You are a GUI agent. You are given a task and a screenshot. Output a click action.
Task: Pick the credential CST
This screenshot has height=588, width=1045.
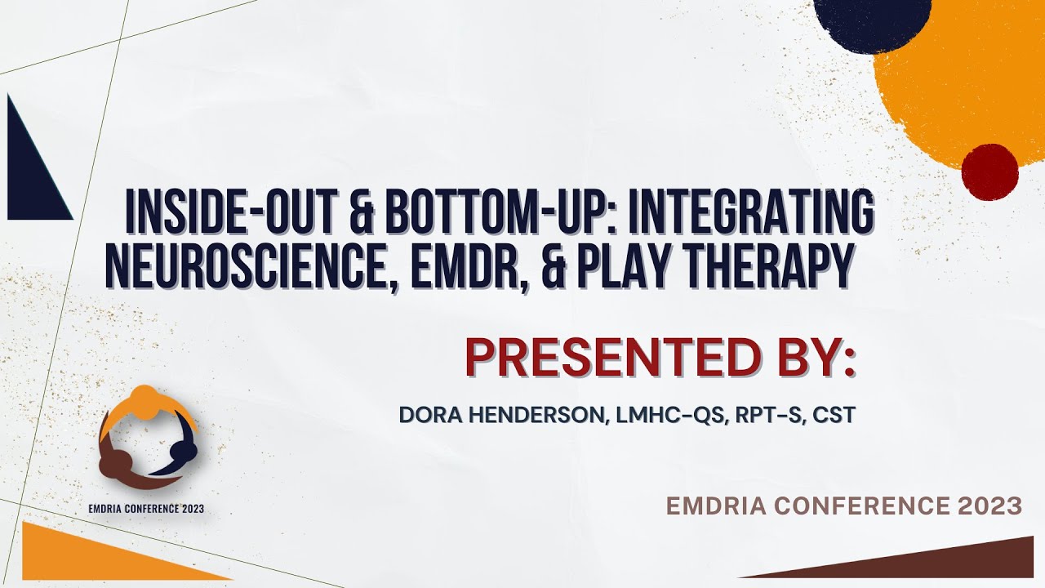point(834,415)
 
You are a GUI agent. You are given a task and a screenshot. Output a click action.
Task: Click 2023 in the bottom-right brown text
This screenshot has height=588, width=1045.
point(991,506)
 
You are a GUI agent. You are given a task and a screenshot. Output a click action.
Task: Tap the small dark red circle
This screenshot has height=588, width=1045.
point(989,171)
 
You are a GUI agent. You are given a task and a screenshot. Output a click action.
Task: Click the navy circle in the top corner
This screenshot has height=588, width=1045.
point(872,16)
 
